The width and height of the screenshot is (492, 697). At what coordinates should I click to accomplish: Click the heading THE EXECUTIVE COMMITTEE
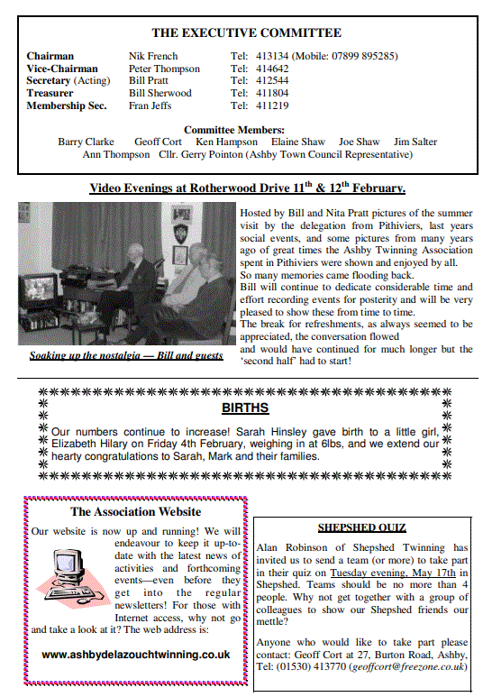coord(246,33)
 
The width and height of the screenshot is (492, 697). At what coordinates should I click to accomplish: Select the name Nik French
coord(154,56)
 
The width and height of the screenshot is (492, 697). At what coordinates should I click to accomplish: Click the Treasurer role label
coord(50,93)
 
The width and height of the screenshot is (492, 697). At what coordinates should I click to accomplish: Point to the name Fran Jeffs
coord(150,105)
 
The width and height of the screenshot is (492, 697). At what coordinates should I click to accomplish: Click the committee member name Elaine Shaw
coord(297,142)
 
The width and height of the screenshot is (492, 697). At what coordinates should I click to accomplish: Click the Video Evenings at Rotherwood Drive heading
coord(247,188)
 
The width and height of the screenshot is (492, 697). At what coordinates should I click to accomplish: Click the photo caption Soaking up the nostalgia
coord(126,355)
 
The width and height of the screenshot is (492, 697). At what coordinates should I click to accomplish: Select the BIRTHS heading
coord(245,408)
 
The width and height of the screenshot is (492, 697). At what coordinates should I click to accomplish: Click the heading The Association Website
coord(136,512)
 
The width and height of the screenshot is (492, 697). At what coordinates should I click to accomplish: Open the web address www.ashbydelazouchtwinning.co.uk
coord(136,655)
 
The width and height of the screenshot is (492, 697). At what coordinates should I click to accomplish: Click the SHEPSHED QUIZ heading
coord(361,527)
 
